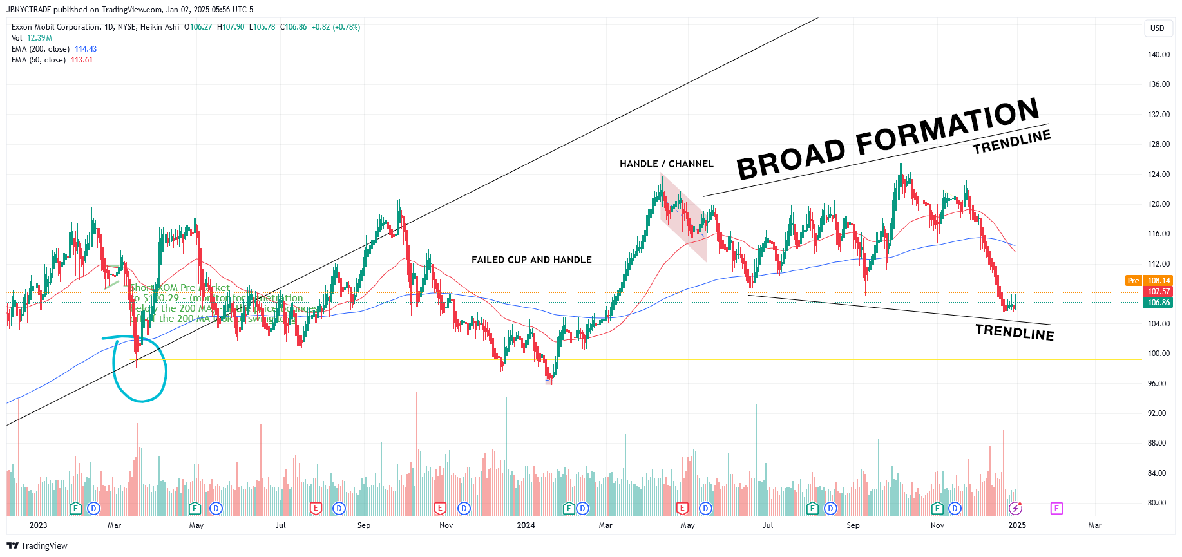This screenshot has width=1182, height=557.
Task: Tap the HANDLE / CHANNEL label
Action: point(666,164)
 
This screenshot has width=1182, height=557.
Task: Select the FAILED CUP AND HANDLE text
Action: point(531,260)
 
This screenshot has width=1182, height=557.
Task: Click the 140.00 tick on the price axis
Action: point(1158,55)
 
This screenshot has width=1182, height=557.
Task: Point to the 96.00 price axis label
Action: point(1157,384)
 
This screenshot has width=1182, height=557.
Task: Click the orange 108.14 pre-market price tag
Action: point(1158,281)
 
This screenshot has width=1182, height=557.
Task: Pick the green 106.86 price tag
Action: point(1158,303)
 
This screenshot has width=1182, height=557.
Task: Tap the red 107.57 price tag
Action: point(1158,292)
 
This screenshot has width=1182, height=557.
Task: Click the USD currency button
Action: point(1157,28)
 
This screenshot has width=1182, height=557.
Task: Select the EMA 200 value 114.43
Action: point(86,49)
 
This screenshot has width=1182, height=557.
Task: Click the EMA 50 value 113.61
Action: point(82,60)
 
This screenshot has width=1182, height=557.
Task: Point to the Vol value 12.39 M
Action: point(39,38)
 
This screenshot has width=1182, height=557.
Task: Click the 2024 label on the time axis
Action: point(526,525)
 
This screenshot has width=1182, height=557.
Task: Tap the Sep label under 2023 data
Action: point(364,525)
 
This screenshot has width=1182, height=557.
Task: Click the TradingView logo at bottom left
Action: point(37,546)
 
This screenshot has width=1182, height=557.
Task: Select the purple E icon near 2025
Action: point(1056,509)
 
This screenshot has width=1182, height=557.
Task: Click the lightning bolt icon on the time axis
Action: point(1015,509)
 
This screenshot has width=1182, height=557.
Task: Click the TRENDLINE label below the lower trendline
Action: point(1015,332)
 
